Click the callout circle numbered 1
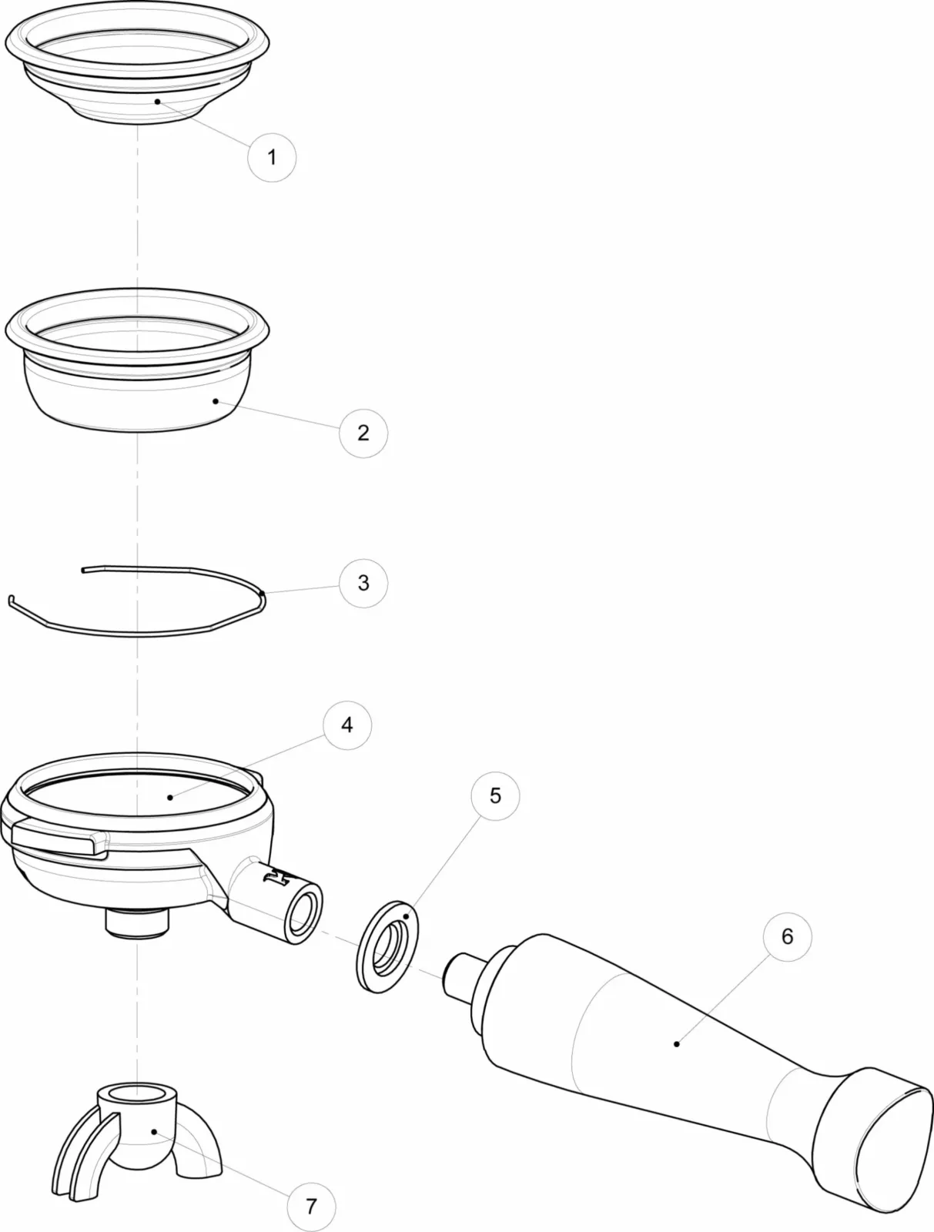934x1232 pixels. coord(271,157)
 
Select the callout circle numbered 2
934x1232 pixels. coord(363,433)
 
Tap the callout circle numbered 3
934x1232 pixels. coord(363,583)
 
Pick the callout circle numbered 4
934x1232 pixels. coord(346,725)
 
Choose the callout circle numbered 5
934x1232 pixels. coord(495,795)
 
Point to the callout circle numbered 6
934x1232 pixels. coord(786,936)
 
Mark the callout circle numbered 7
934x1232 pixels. coord(310,1206)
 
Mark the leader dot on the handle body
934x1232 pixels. coord(676,1043)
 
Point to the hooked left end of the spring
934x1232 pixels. coord(12,601)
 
